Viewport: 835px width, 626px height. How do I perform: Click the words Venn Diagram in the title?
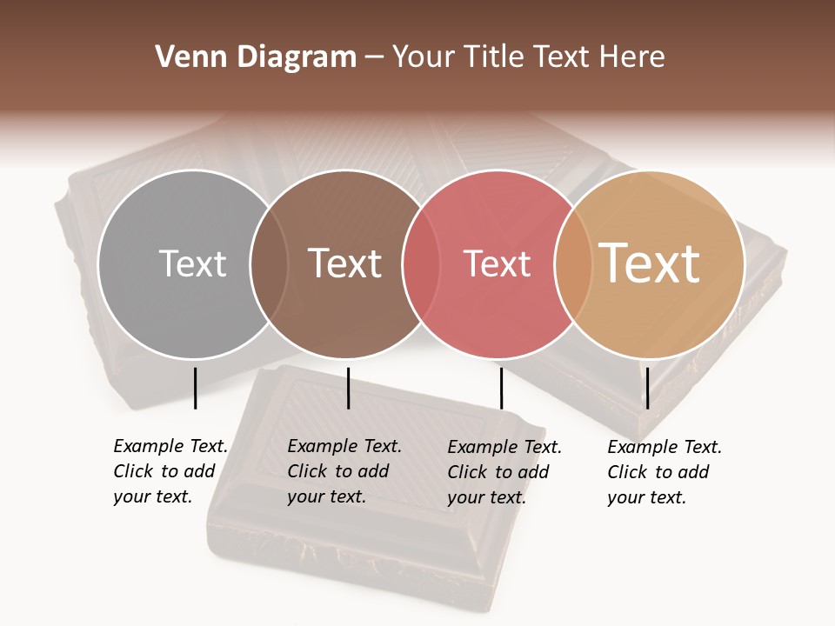coord(256,57)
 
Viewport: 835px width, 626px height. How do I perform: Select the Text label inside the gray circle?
coord(192,263)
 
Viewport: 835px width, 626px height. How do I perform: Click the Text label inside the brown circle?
coord(345,263)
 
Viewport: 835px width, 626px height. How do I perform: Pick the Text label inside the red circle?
coord(497,263)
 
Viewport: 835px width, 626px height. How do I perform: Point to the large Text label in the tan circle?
coord(650,263)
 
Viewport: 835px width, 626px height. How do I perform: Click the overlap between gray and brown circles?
coord(269,263)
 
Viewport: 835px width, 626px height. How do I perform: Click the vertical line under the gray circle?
coord(195,388)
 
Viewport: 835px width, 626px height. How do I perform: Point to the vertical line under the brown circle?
coord(348,388)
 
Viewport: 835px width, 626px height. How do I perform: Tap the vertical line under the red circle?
coord(501,388)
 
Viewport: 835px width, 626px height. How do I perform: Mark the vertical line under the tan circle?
coord(647,388)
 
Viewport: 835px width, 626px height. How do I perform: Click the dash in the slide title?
coord(374,57)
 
